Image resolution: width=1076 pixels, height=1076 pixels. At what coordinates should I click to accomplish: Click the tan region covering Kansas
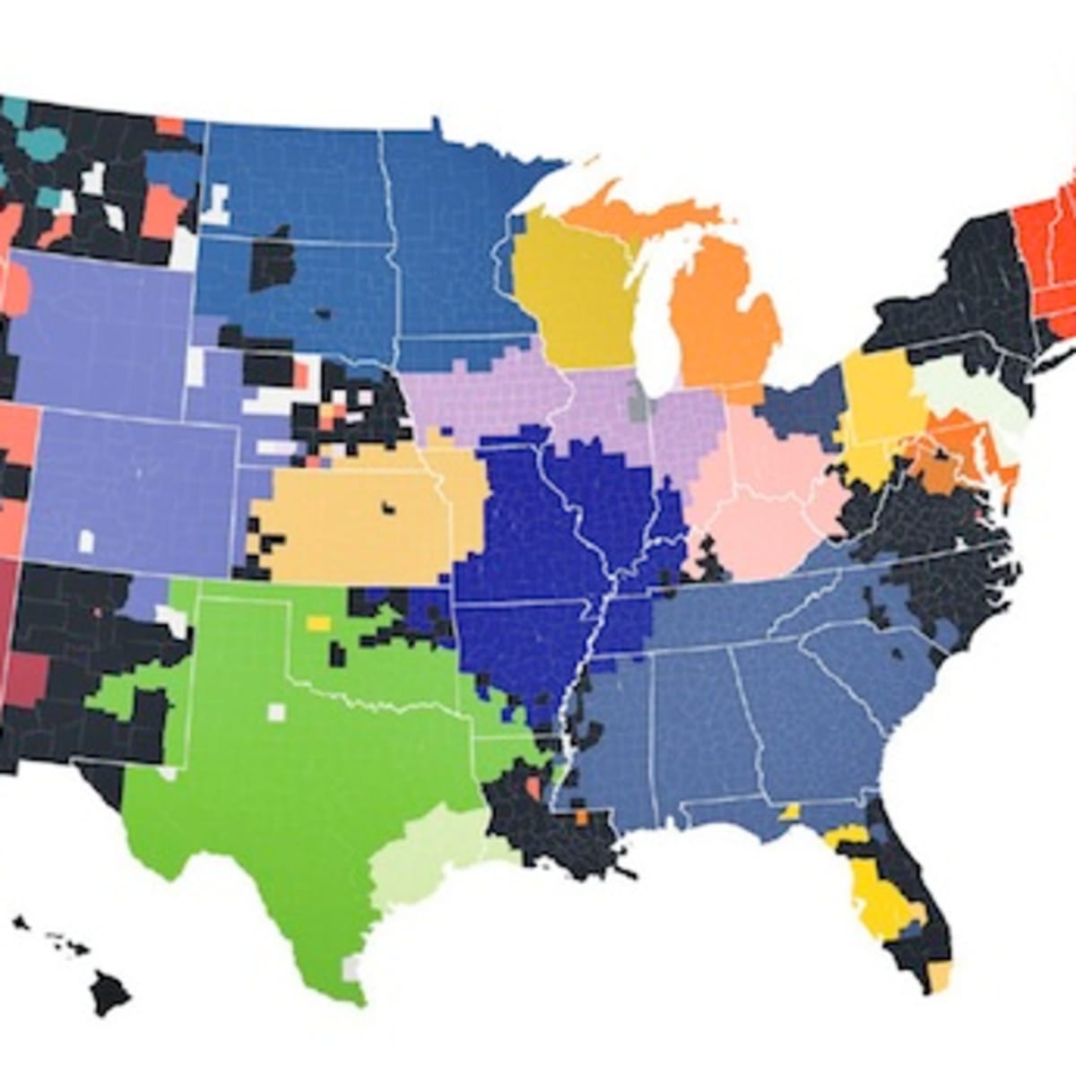pyautogui.click(x=359, y=520)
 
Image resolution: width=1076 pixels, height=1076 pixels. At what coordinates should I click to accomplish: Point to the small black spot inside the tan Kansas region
pyautogui.click(x=389, y=508)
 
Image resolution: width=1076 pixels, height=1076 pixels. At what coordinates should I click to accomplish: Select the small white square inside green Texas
pyautogui.click(x=276, y=712)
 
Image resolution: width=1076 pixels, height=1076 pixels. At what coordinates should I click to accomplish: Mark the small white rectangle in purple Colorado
pyautogui.click(x=86, y=541)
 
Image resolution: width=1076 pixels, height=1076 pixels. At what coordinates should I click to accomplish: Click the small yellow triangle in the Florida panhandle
pyautogui.click(x=791, y=811)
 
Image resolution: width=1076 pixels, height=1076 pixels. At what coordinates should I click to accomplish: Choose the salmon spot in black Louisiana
pyautogui.click(x=533, y=789)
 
